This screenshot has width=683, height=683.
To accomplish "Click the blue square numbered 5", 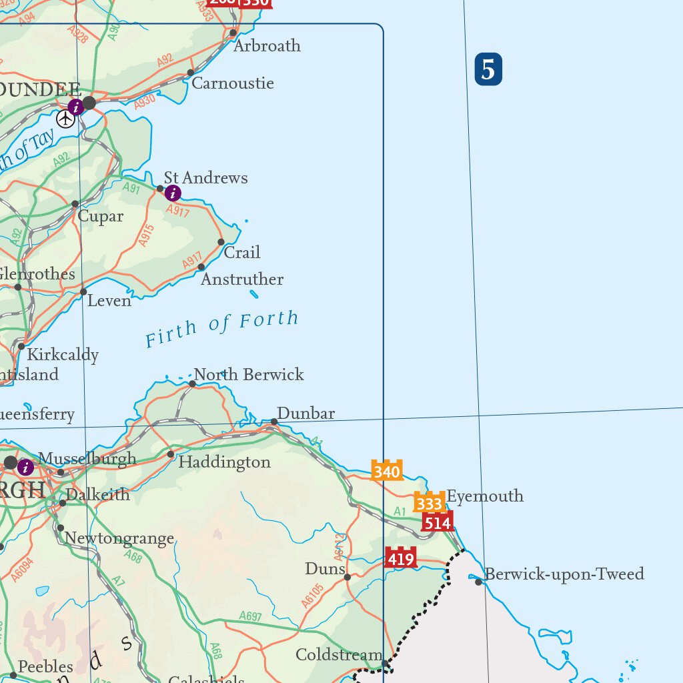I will pos(488,71).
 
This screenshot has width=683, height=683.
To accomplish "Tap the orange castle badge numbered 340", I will pos(387,471).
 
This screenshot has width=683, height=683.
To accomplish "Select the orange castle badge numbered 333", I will pos(430,503).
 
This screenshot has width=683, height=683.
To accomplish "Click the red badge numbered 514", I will pos(438,522).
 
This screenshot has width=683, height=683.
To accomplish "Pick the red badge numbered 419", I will pos(400,558).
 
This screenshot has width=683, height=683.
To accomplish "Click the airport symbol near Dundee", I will pos(65,119).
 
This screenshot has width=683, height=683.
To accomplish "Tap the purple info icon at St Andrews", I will pos(173,193).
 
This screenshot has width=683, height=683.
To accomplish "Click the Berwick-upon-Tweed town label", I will pos(564,574).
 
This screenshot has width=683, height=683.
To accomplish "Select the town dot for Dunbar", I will pos(274,422).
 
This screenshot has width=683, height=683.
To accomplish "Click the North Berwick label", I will pos(248,375).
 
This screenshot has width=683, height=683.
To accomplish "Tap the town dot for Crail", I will pos(221,242).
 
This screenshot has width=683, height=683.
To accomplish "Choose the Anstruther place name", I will pos(242,279).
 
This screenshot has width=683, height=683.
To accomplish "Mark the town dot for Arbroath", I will pos(233,33).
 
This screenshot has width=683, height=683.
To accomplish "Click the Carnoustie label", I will pos(233,83).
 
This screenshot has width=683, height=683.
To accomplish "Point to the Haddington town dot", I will pos(171,454).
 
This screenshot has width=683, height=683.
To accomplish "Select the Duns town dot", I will pos(348,577).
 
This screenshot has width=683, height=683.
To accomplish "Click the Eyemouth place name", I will pos(485,496).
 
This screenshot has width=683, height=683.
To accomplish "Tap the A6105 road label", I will pos(312,596).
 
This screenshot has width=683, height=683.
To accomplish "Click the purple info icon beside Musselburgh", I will pos(26,467).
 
